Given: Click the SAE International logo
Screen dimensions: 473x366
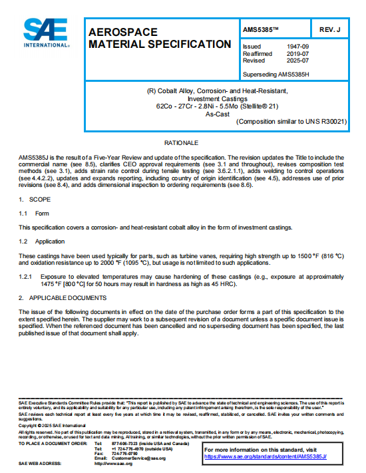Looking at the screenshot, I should (47, 33).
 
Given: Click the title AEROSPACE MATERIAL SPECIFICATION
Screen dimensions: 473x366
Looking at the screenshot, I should (160, 38).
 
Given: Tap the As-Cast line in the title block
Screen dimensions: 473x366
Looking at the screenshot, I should (217, 114).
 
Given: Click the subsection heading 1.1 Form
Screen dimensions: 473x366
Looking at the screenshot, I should (34, 213).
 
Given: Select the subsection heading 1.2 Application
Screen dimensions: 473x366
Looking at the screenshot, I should (41, 241).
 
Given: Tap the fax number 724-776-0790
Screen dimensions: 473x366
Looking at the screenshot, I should (124, 454).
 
